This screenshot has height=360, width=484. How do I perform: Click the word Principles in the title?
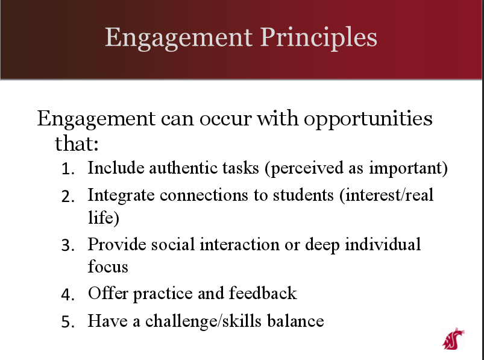tap(319, 37)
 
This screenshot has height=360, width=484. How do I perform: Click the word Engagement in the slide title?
tap(179, 38)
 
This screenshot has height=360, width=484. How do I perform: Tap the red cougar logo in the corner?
tap(453, 339)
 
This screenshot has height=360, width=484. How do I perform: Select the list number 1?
tap(68, 169)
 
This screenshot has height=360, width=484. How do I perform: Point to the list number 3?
tap(68, 245)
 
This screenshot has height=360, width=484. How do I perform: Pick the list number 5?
tap(68, 322)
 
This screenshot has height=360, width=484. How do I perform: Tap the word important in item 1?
tap(406, 169)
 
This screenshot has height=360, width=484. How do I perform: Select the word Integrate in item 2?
tap(121, 196)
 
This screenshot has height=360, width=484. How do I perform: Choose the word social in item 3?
tap(173, 245)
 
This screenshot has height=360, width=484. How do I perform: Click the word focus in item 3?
tap(108, 266)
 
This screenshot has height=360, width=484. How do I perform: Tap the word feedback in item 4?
tap(263, 292)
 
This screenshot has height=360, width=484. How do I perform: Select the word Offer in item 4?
tap(108, 292)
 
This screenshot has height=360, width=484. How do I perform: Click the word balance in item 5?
tap(295, 320)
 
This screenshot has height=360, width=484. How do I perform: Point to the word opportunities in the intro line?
tap(368, 119)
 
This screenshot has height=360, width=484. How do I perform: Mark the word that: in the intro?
tap(77, 144)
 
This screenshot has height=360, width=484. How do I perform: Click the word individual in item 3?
tap(383, 245)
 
